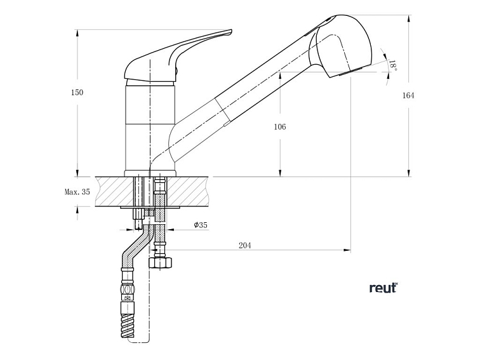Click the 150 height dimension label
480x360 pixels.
[x=77, y=92]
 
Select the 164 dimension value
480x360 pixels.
[x=408, y=95]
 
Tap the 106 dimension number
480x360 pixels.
[x=280, y=126]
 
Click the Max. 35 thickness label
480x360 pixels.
[x=77, y=191]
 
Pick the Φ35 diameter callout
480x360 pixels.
[x=201, y=225]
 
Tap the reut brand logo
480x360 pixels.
[x=383, y=288]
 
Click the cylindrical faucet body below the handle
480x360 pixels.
[x=150, y=127]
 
